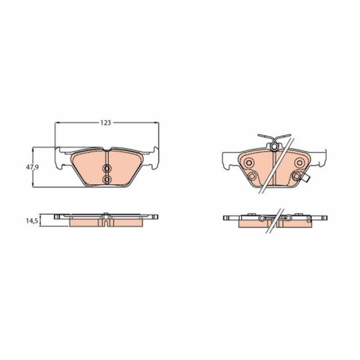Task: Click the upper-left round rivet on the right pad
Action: point(250,163)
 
